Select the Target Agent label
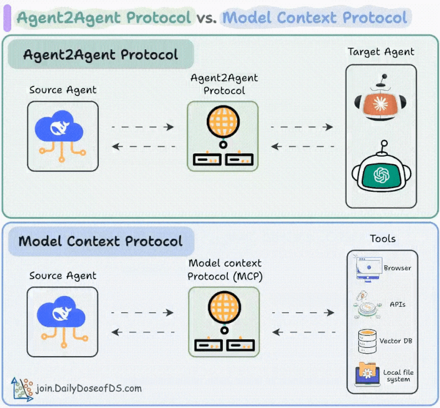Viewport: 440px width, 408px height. [x=381, y=52]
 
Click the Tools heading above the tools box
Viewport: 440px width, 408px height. [x=383, y=239]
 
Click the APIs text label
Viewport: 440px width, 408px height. [x=397, y=304]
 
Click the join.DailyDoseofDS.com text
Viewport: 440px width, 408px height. [x=88, y=389]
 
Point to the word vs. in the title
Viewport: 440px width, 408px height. [x=206, y=18]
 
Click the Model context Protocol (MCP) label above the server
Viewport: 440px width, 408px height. [x=225, y=270]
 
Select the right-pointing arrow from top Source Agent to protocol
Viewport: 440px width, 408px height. [x=143, y=127]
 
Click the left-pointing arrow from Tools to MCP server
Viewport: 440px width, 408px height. [x=303, y=332]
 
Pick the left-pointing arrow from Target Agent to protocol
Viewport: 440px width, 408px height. [x=303, y=146]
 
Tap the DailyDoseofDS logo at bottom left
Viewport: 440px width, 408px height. [x=22, y=388]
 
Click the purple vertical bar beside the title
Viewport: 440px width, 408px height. [x=7, y=18]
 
